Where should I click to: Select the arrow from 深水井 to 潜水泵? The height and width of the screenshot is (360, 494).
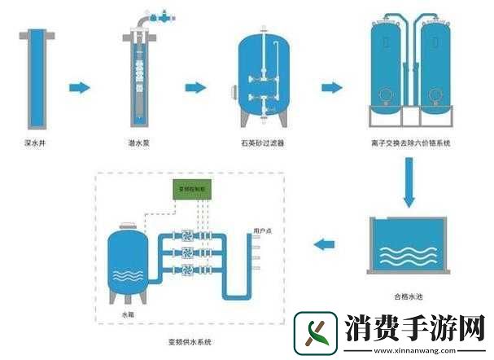tap(79, 87)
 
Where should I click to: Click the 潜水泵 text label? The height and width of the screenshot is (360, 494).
tap(138, 143)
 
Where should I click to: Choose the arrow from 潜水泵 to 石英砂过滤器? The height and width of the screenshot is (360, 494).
tap(195, 87)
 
